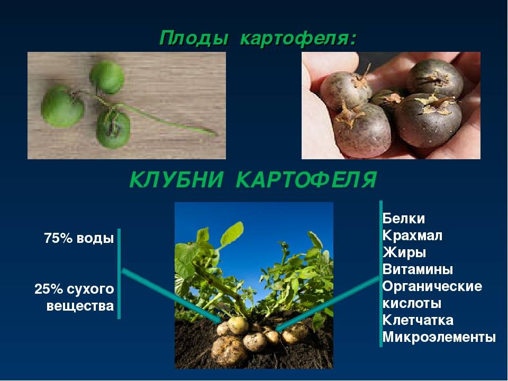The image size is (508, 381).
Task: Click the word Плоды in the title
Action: [194, 39]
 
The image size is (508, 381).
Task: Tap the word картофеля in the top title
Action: [298, 39]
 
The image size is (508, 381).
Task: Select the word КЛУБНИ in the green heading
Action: [176, 179]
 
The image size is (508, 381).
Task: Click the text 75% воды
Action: [79, 239]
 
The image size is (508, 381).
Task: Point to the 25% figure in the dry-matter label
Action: [49, 289]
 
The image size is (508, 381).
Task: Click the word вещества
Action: [80, 306]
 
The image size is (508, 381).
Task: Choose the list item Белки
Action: [403, 219]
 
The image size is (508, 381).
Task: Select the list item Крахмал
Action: [412, 235]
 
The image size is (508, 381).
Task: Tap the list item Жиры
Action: [404, 253]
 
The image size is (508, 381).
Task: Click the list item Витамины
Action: [418, 269]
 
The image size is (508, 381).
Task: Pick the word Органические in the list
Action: [432, 286]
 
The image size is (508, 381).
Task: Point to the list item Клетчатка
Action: [418, 320]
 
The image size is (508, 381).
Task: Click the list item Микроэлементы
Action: [439, 337]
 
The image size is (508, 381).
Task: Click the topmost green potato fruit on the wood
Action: [107, 77]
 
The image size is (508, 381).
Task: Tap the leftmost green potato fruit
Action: [62, 106]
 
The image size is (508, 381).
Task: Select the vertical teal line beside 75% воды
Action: [119, 274]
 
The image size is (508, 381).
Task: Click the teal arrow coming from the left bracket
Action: [171, 296]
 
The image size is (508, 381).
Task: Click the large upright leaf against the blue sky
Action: [232, 234]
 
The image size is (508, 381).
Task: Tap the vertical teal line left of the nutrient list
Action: [380, 274]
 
